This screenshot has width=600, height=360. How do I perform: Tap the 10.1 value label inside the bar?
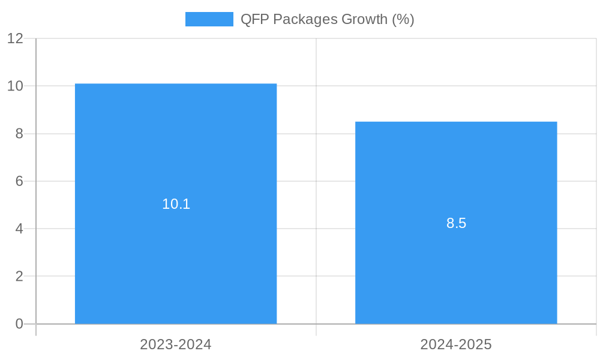click(176, 204)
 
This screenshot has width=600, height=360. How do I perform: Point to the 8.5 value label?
click(456, 223)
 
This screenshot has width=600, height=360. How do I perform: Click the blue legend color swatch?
click(209, 19)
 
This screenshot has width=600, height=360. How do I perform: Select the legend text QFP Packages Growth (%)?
click(327, 19)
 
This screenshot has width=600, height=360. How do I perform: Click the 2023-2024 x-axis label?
click(176, 344)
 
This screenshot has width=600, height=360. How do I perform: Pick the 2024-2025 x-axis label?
click(456, 344)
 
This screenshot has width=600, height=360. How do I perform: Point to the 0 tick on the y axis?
click(19, 324)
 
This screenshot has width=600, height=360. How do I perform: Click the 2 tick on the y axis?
click(19, 277)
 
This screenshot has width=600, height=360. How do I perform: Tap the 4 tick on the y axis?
click(19, 229)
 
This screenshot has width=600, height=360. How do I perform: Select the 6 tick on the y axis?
click(19, 181)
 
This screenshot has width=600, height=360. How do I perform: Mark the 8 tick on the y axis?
click(19, 134)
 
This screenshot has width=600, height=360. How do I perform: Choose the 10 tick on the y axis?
click(15, 86)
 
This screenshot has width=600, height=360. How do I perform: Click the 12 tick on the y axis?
click(15, 38)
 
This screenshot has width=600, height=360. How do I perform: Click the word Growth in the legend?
click(364, 19)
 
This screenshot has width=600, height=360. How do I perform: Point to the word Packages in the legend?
click(304, 19)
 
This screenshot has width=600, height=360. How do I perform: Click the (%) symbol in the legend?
click(403, 19)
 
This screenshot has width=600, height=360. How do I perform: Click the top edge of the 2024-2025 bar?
click(456, 122)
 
